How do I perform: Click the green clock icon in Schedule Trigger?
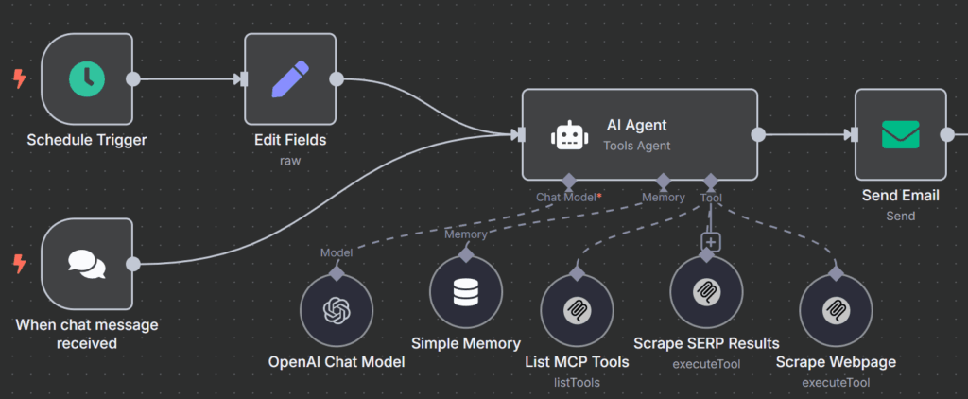pos(87,79)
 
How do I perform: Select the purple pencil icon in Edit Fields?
pos(290,79)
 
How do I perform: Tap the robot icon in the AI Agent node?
pos(566,135)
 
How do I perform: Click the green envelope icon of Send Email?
pos(900,134)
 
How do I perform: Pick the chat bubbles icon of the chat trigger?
pos(87,264)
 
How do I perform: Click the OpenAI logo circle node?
pos(337,311)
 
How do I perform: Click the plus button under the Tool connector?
pos(711,242)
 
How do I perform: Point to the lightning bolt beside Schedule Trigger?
pos(19,79)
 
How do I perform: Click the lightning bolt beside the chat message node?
pos(19,264)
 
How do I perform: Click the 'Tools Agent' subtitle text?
pos(637,146)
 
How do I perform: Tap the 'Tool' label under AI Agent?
pos(711,198)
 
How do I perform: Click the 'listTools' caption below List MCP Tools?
pos(577,382)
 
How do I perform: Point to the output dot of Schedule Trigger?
pos(133,79)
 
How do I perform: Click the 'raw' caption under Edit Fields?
pos(290,161)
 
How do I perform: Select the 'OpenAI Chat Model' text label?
pos(337,362)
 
